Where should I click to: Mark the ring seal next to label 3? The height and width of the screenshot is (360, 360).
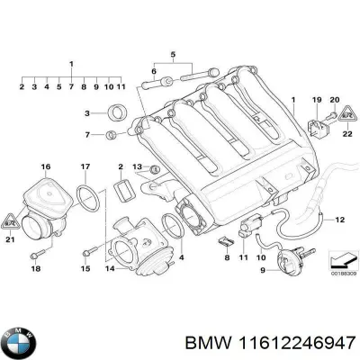pyautogui.click(x=115, y=113)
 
